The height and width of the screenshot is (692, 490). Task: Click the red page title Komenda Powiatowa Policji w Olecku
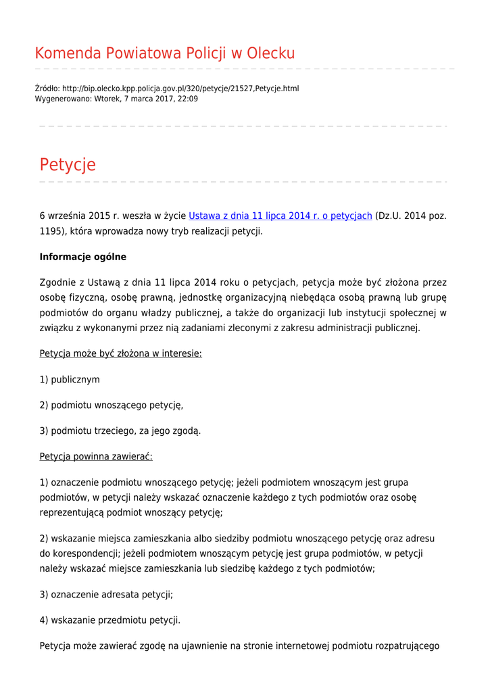tap(164, 53)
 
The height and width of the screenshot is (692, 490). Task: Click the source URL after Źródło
tap(180, 89)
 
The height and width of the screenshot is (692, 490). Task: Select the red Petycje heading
tap(68, 164)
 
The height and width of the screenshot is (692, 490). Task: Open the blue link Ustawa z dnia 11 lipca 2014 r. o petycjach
tap(280, 216)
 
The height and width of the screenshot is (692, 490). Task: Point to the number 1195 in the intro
tap(51, 231)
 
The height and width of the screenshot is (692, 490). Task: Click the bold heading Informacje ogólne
tap(82, 257)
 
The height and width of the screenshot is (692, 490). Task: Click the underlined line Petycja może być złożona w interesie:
tap(120, 353)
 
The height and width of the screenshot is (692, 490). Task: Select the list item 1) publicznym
tap(70, 379)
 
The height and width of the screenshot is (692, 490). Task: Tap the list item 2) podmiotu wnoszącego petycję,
tap(112, 405)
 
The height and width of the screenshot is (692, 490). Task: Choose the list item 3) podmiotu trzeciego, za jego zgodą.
tap(120, 430)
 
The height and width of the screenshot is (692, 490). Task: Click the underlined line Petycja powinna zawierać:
tap(96, 456)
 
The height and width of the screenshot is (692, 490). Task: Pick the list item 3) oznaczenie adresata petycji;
tap(106, 595)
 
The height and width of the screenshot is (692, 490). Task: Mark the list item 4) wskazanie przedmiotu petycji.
tap(110, 620)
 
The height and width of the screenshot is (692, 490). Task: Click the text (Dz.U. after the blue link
tap(388, 216)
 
